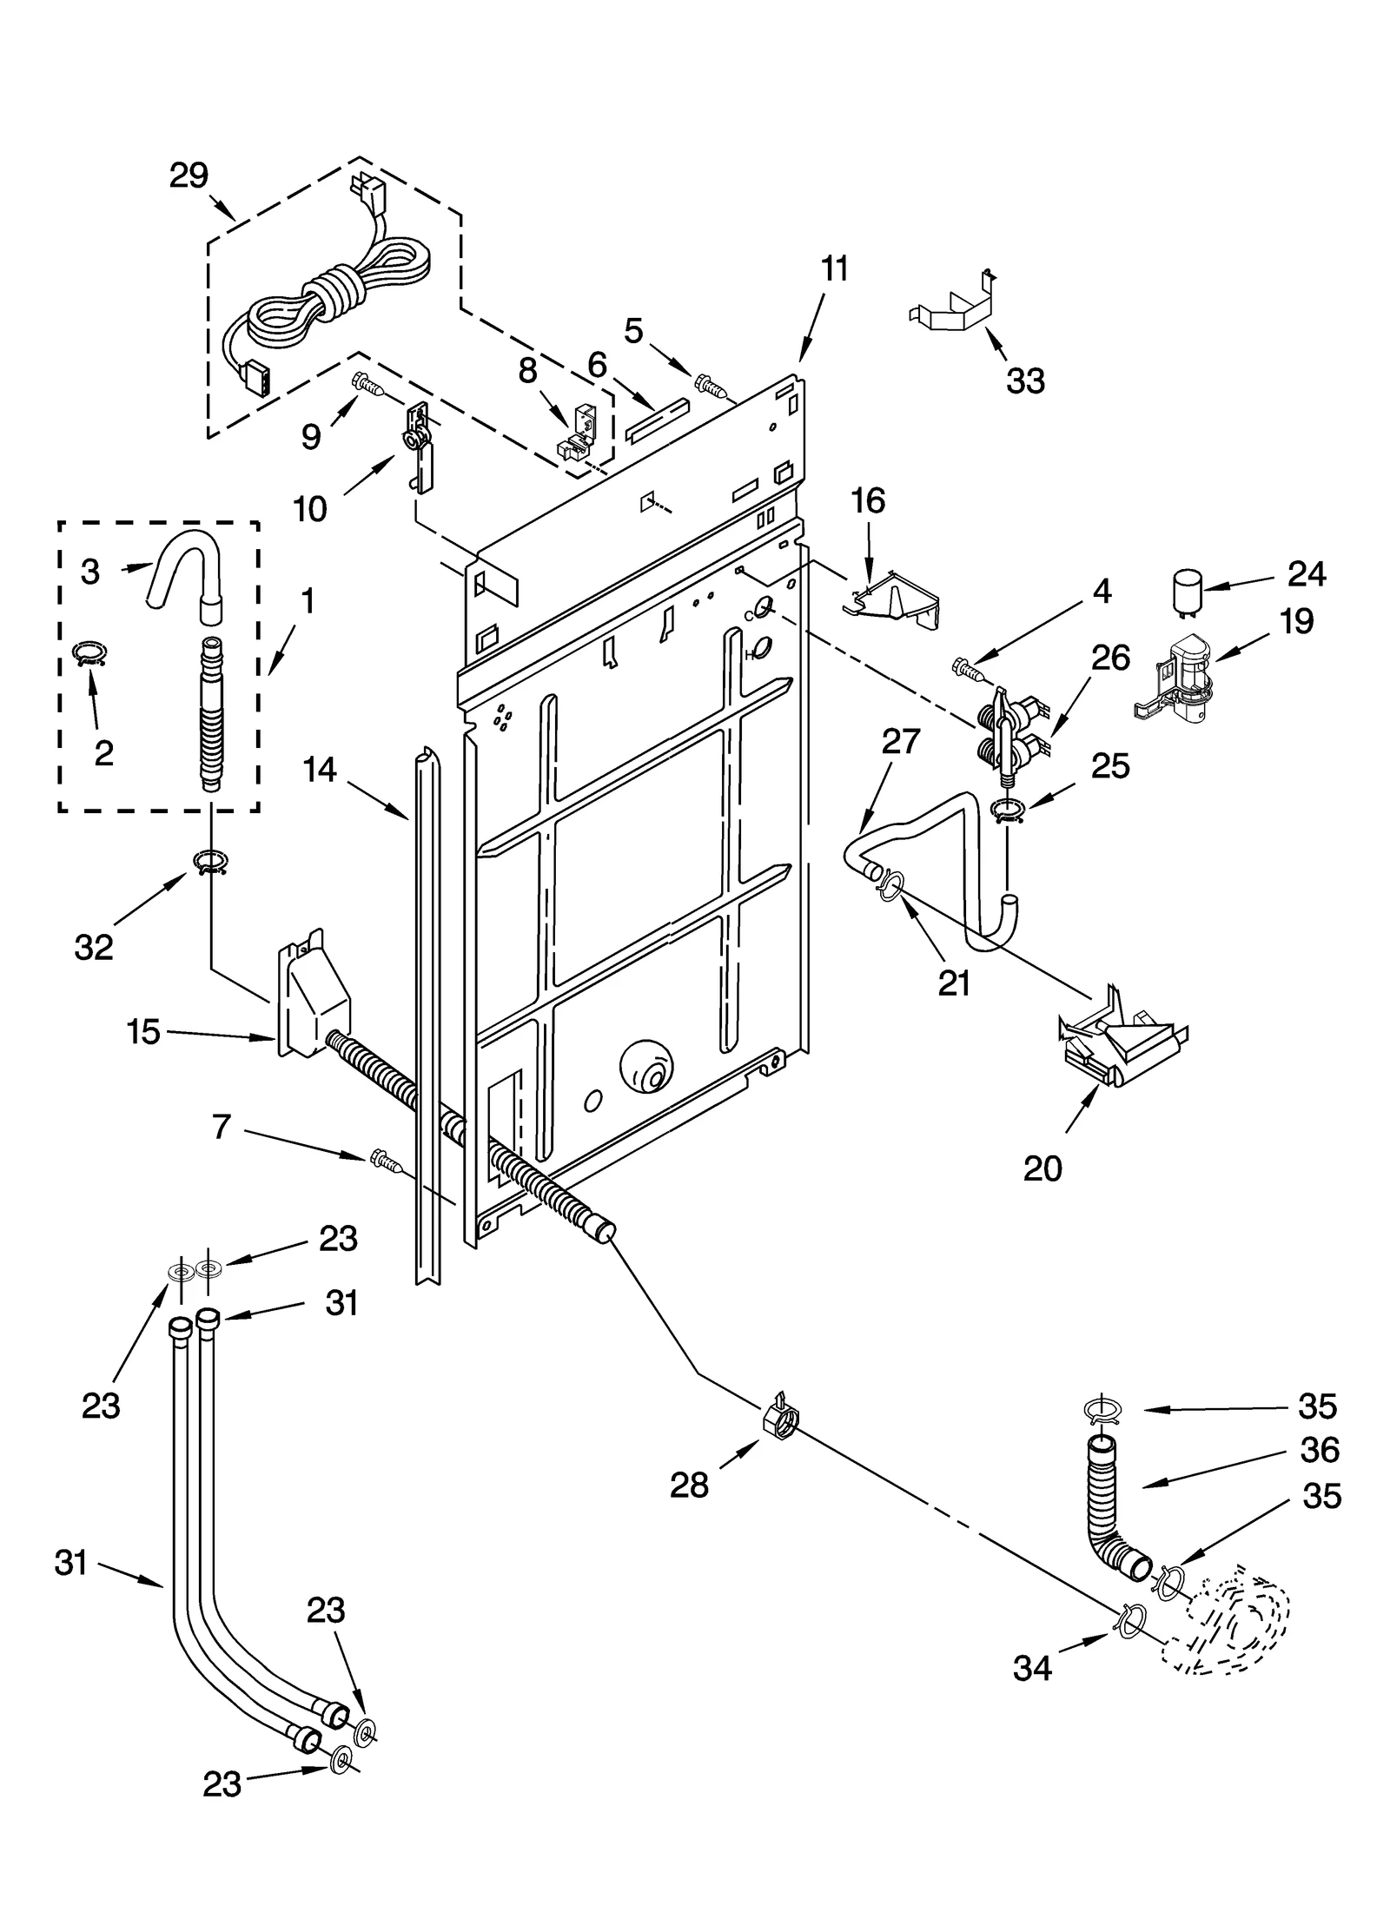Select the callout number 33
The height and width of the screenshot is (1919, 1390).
[1025, 380]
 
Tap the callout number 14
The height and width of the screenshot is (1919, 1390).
[320, 770]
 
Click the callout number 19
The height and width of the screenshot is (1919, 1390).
[1296, 621]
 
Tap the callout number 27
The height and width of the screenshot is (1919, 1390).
[900, 741]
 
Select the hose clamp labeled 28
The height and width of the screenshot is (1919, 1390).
[781, 1419]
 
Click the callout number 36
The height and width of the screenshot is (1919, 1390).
[1320, 1449]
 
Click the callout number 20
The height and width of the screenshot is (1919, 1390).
[1042, 1168]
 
